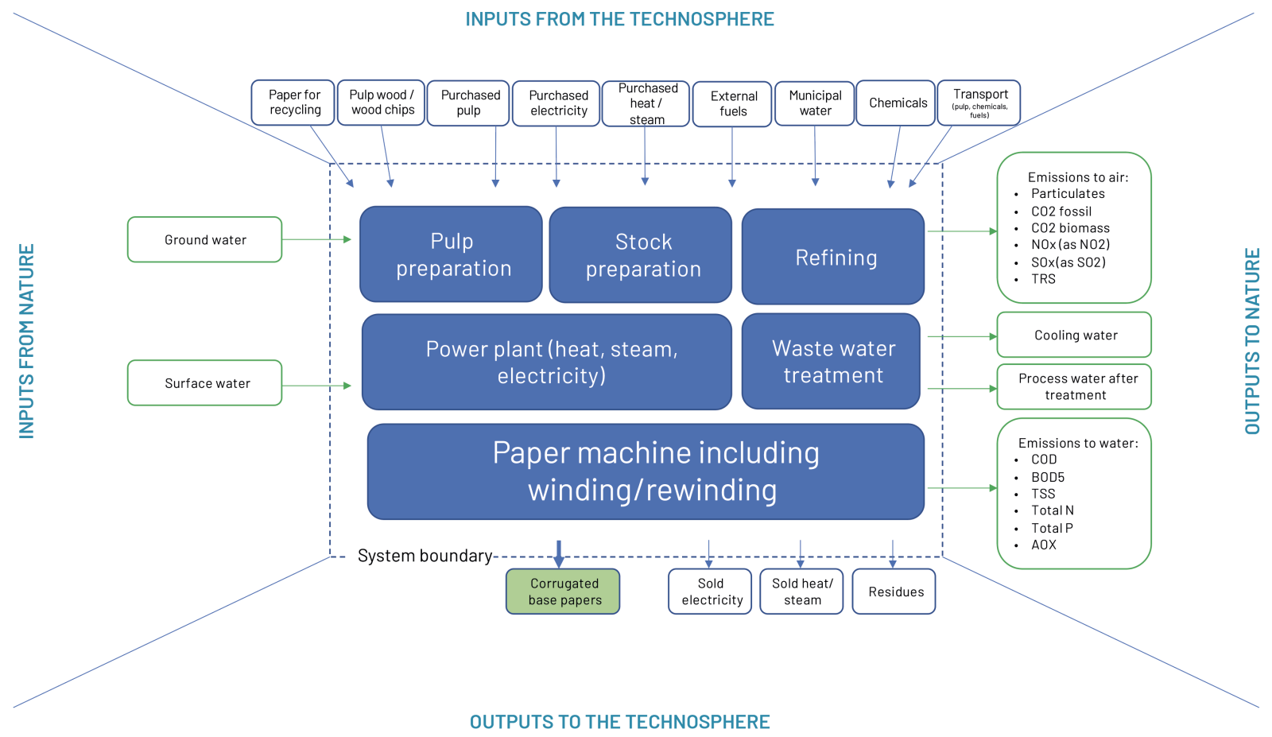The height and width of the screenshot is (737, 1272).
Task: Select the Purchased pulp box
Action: coord(468,103)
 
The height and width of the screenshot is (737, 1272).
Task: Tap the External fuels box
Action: coord(732,104)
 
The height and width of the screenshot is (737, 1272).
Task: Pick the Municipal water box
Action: coord(815,103)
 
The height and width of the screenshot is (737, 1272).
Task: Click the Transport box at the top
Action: coord(979,103)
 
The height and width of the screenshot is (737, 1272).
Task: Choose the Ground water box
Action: coord(205,239)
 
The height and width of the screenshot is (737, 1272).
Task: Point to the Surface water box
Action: coord(205,383)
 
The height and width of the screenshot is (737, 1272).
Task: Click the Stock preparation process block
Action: coord(641,255)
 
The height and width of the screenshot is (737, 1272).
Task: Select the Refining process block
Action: coord(833,257)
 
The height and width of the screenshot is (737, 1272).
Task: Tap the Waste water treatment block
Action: coord(832,362)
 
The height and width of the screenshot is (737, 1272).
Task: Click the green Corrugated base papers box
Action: coord(563,592)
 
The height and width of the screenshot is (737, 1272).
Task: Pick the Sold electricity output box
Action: coord(710,592)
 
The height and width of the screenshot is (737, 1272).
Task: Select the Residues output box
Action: coord(894,592)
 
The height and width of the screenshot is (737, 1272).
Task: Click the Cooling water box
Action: coord(1074,335)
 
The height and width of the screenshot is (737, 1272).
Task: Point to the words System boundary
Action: coord(425,556)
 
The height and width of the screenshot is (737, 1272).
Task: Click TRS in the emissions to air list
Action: coord(1043,279)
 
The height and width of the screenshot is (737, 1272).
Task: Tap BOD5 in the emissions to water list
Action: coord(1047,477)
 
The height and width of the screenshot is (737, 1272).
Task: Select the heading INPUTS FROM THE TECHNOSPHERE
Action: coord(619,19)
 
